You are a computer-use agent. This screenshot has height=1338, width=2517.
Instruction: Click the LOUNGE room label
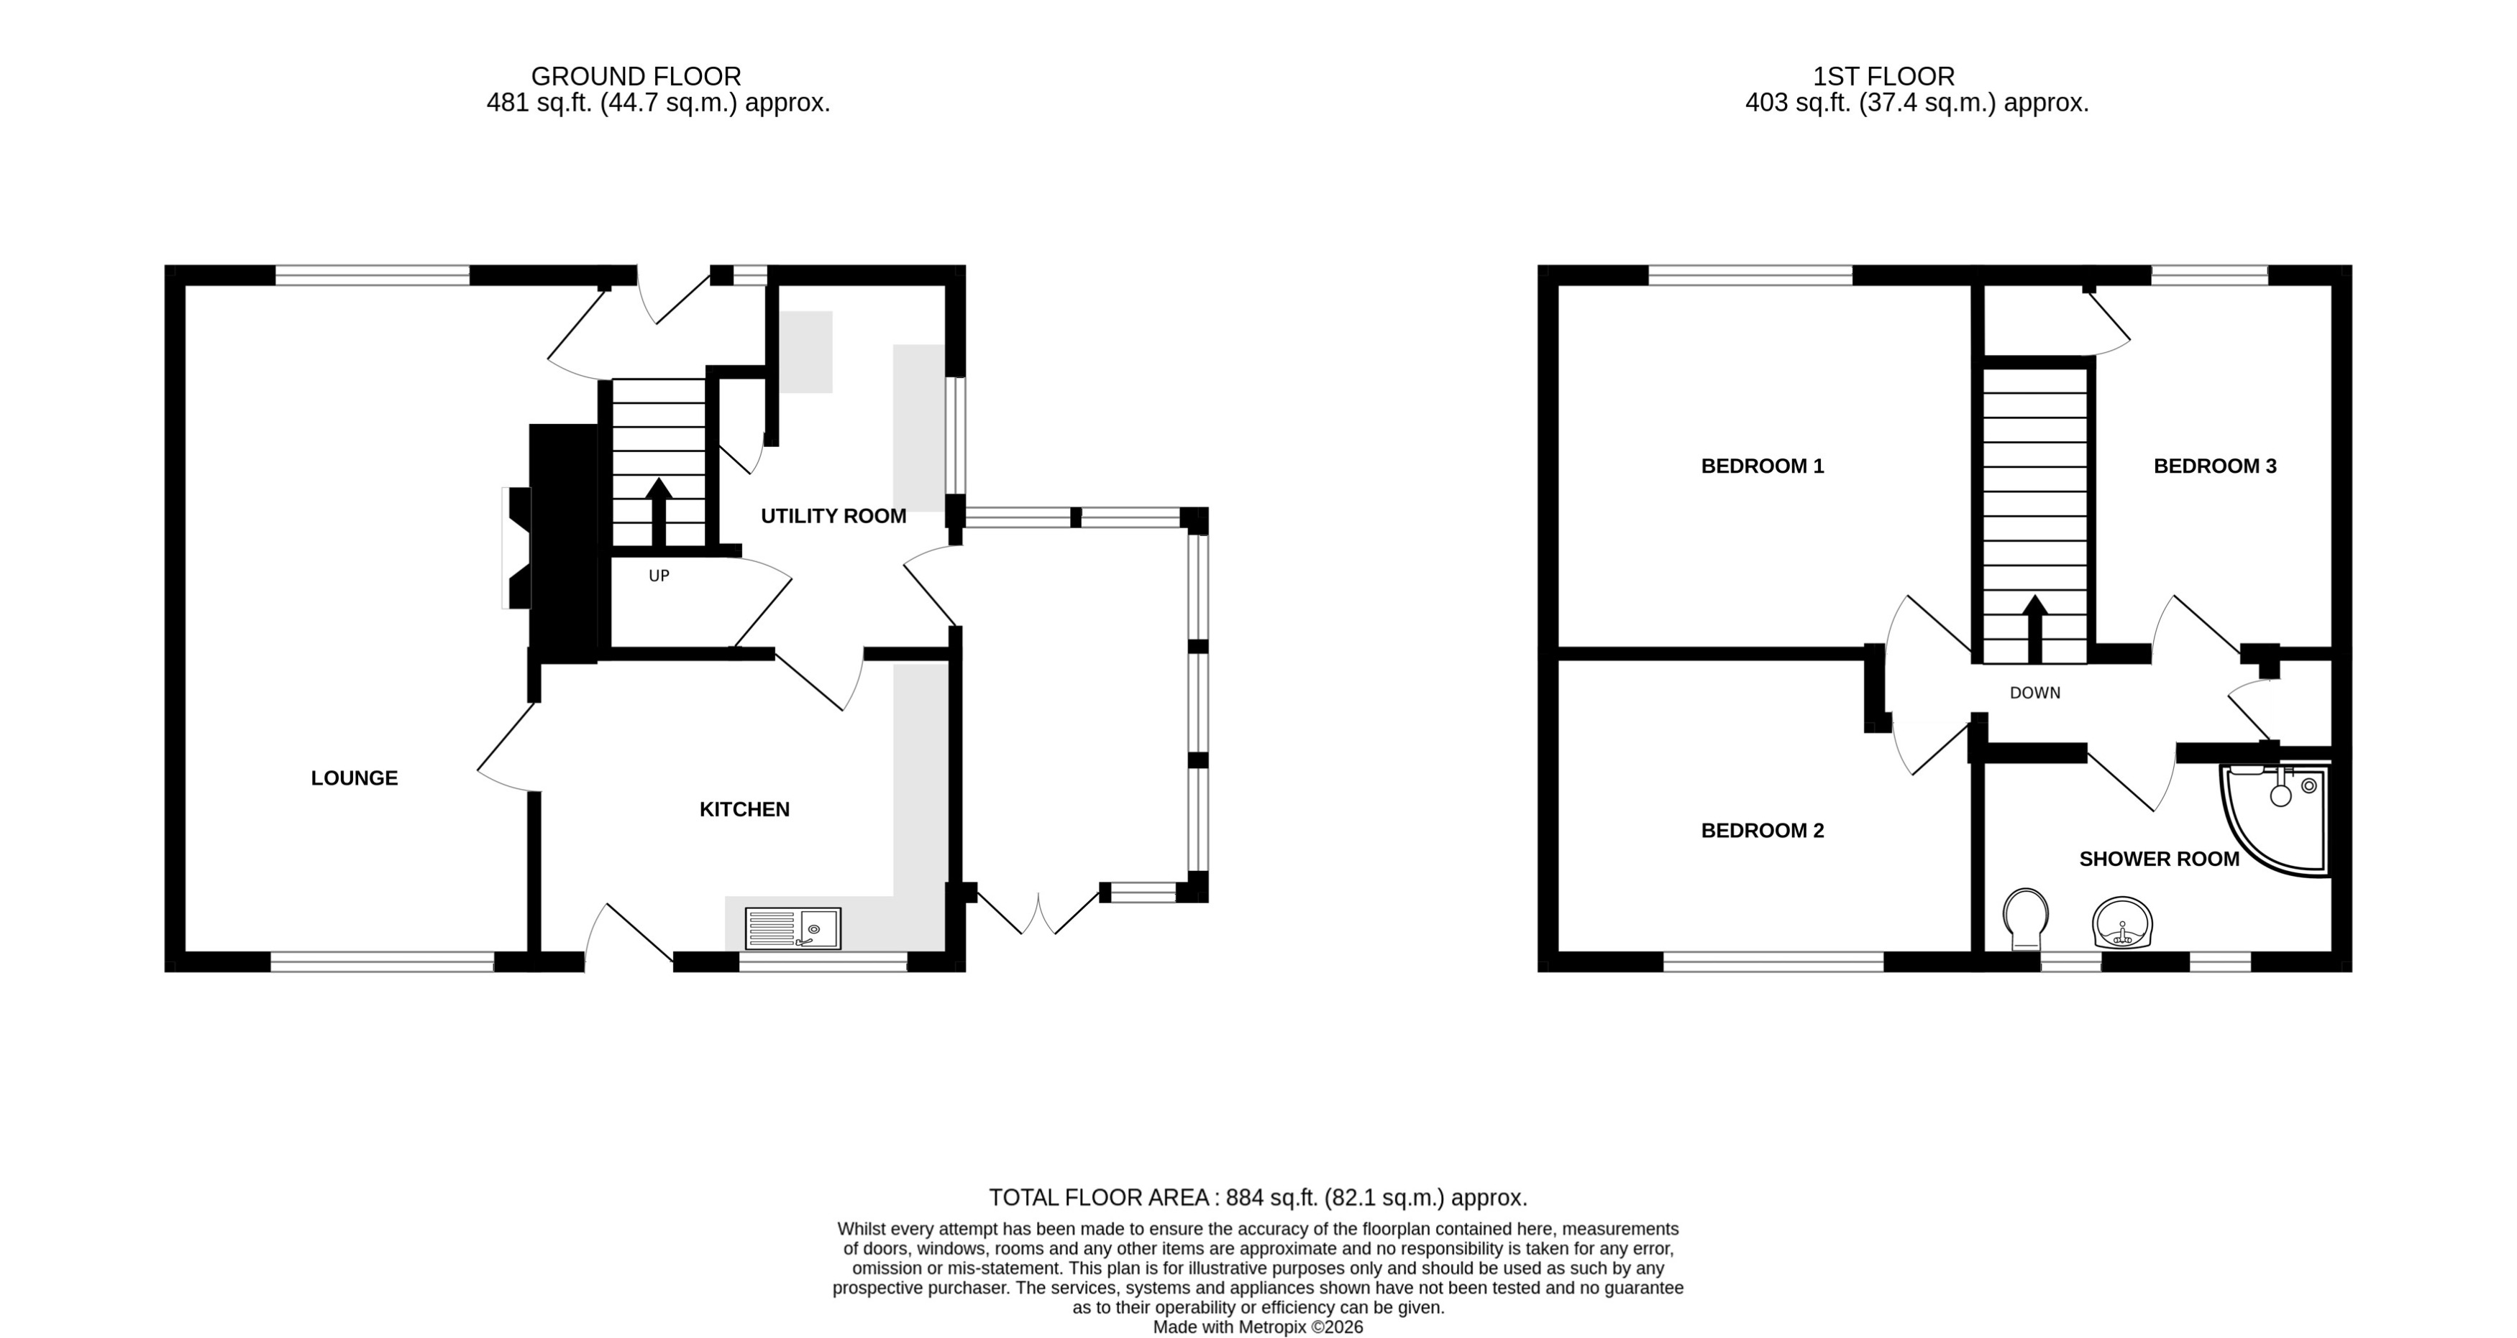pos(354,778)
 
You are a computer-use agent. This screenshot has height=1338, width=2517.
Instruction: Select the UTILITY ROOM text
pos(833,516)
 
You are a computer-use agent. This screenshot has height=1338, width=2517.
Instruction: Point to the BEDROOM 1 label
pos(1762,466)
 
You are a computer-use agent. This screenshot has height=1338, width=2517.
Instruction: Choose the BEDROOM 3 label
pos(2214,466)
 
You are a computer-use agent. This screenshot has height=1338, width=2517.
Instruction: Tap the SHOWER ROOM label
pos(2158,859)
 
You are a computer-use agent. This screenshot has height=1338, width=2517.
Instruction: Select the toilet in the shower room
pos(2024,918)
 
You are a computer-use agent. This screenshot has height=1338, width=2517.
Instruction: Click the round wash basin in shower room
pos(2122,922)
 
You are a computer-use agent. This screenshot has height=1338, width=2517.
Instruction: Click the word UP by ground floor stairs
pos(659,576)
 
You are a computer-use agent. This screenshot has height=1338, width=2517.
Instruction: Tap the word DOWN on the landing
pos(2034,693)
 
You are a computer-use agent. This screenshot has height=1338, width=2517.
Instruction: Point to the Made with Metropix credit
pos(1258,1327)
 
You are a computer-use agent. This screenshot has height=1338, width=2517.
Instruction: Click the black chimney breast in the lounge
pos(563,542)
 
